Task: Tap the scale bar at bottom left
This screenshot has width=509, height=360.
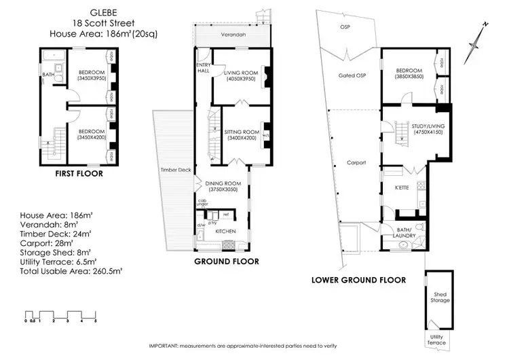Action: (61, 314)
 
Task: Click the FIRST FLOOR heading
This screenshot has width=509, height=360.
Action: (79, 174)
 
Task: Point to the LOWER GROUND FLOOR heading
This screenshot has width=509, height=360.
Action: (358, 279)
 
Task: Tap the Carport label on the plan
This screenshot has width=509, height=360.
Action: (356, 163)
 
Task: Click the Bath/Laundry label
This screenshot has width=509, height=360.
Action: (408, 232)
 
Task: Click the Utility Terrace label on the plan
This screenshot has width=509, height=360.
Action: (436, 340)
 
